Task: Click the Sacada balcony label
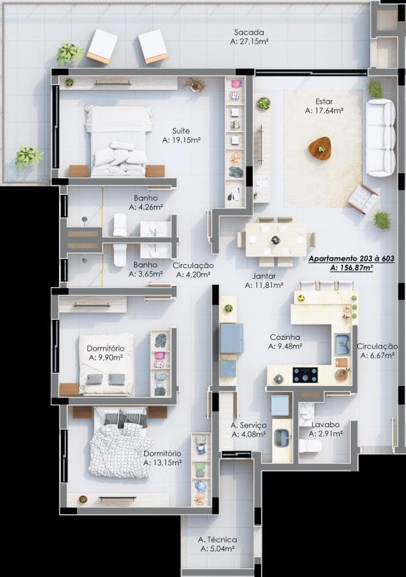click(x=249, y=33)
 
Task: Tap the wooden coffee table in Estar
click(x=320, y=148)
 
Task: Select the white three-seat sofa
click(x=380, y=138)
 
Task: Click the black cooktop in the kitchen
click(x=305, y=375)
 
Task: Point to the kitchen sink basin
click(x=343, y=344)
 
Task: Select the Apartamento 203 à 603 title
click(x=351, y=258)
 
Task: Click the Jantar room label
click(x=264, y=276)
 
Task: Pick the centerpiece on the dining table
click(x=276, y=240)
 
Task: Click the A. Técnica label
click(x=217, y=540)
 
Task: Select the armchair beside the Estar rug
click(x=363, y=199)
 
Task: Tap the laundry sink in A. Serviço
click(x=283, y=438)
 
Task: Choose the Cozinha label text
click(x=285, y=337)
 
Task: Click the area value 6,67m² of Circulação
click(x=377, y=355)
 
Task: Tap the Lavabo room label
click(x=325, y=424)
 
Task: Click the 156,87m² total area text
click(x=351, y=268)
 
